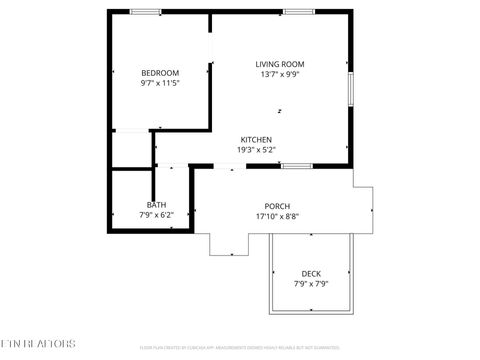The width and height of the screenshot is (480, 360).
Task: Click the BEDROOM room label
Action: pos(160,73)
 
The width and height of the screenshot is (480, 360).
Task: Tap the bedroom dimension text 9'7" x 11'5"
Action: pos(160,84)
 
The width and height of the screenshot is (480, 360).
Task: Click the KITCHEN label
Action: pos(256,139)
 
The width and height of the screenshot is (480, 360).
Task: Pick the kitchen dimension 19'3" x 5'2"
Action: pos(256,150)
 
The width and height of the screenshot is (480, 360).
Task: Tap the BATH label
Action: pos(157,206)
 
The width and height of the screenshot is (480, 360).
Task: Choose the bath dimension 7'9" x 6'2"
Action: pos(157,215)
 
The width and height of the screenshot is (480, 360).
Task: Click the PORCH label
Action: pos(277,206)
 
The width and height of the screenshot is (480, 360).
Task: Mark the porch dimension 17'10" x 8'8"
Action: pos(277,216)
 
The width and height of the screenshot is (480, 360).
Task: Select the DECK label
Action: pos(311,274)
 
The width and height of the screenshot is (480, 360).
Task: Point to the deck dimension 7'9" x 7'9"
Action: pos(311,284)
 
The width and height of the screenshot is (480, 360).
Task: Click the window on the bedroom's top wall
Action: pos(146,12)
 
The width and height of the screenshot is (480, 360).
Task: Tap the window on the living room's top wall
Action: pos(297,12)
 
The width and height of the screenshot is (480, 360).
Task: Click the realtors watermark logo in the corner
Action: pos(38,344)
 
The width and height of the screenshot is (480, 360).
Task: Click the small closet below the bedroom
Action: pos(130,148)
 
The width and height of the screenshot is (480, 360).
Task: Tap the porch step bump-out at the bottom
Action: pos(229,243)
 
